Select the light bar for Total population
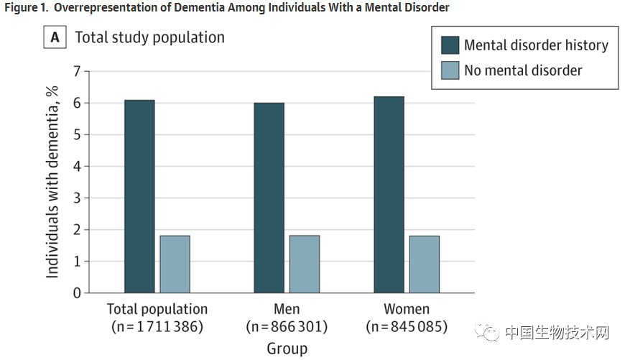[175, 264]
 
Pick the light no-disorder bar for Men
[305, 264]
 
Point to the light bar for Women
[425, 264]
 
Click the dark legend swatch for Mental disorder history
[450, 45]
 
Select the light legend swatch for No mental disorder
[450, 70]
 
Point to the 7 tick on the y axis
[77, 71]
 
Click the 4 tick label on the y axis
[77, 166]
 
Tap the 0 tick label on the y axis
[77, 293]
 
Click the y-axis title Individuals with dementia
[52, 183]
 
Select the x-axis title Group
[287, 349]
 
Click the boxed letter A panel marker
[55, 38]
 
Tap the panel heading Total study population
[149, 37]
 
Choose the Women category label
[407, 310]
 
